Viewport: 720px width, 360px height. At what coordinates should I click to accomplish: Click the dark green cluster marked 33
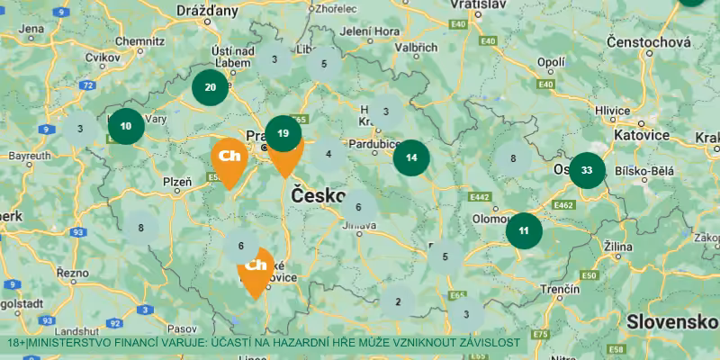(x=587, y=170)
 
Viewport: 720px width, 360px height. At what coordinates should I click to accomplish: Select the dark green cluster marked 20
(x=210, y=87)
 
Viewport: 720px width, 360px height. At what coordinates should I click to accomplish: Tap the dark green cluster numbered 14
(x=411, y=157)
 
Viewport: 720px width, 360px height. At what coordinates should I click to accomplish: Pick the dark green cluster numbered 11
(x=524, y=230)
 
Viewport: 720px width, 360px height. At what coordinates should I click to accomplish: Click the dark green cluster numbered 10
(x=126, y=126)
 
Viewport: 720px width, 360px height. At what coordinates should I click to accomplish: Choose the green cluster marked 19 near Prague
(x=283, y=133)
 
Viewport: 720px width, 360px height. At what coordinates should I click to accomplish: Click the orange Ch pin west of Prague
(x=229, y=157)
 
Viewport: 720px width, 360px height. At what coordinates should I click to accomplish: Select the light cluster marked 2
(x=397, y=301)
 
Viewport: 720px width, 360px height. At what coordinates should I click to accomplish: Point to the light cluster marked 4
(x=328, y=154)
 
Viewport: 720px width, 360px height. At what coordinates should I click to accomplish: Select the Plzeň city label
(x=176, y=182)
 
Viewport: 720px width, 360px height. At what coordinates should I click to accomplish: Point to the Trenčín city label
(x=560, y=289)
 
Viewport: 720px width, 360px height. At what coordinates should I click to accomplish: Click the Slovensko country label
(x=670, y=321)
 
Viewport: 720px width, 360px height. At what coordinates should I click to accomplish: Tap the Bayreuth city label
(x=30, y=156)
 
